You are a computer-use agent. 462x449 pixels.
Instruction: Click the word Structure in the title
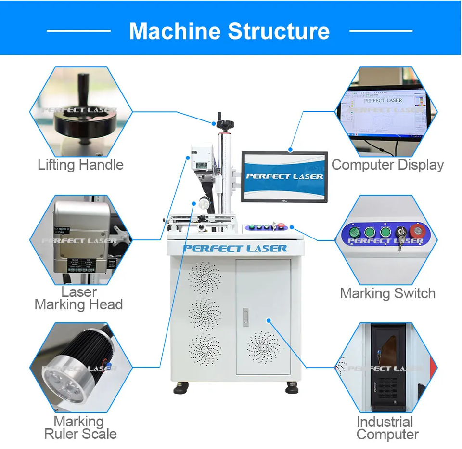click(x=279, y=31)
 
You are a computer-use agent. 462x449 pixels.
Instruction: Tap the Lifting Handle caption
click(x=80, y=165)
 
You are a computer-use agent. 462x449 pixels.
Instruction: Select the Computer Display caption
click(x=387, y=165)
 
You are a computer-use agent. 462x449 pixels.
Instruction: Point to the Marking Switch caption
click(x=387, y=293)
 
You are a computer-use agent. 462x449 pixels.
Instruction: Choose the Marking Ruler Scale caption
click(x=80, y=428)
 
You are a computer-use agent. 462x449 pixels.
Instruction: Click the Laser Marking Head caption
click(x=78, y=298)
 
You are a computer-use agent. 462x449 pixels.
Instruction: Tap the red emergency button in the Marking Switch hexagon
click(x=416, y=230)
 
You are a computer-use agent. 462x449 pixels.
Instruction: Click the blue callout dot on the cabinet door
click(x=269, y=320)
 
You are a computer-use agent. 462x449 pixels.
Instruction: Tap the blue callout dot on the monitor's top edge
click(x=290, y=149)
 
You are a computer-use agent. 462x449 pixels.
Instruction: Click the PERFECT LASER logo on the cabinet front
click(x=235, y=249)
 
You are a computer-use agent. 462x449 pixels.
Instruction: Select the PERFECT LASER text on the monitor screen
click(x=284, y=176)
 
